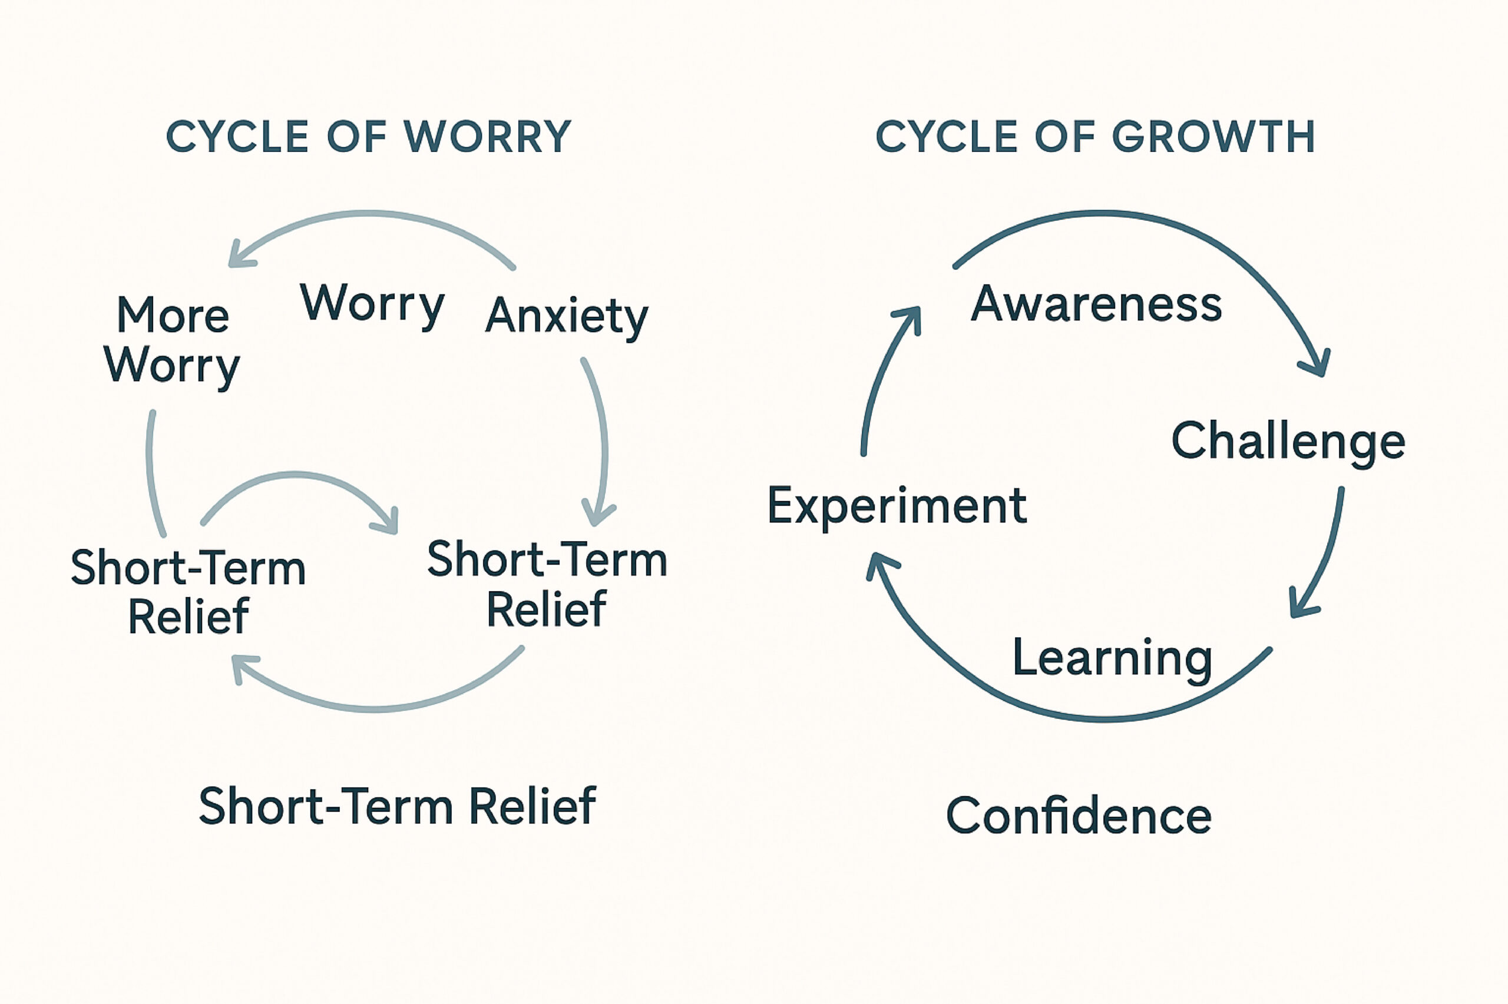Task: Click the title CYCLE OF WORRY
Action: pyautogui.click(x=368, y=137)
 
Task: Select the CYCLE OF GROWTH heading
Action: pyautogui.click(x=1095, y=137)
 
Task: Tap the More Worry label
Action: pyautogui.click(x=171, y=340)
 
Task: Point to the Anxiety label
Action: pyautogui.click(x=567, y=316)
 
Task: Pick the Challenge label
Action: pyautogui.click(x=1288, y=440)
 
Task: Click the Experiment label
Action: pyautogui.click(x=897, y=506)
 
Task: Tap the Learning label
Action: pyautogui.click(x=1112, y=658)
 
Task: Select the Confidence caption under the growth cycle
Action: pyautogui.click(x=1079, y=816)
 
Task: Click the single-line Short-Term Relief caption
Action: pyautogui.click(x=397, y=806)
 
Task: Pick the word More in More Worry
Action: pyautogui.click(x=173, y=316)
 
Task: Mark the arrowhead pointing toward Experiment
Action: pyautogui.click(x=878, y=565)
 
